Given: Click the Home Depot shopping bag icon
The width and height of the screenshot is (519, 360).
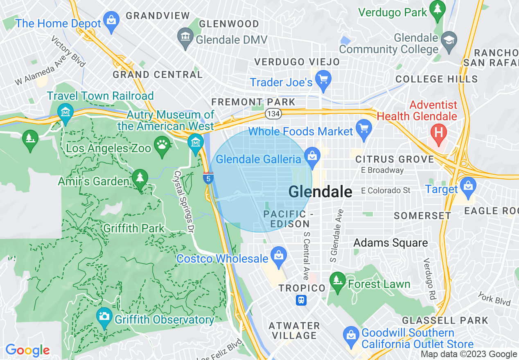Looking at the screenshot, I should [111, 19].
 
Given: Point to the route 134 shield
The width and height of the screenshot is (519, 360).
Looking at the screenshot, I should [273, 113].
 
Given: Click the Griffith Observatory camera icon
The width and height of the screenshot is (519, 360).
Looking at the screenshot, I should [104, 316].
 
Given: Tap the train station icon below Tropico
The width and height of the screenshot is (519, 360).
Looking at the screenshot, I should [302, 300].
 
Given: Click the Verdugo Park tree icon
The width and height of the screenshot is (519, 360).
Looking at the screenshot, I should [438, 8].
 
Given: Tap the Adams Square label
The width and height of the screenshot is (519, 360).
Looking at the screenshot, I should [390, 243].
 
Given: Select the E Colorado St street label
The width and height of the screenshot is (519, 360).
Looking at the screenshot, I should [386, 191].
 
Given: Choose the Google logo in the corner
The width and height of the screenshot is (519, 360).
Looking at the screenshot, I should [27, 350].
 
